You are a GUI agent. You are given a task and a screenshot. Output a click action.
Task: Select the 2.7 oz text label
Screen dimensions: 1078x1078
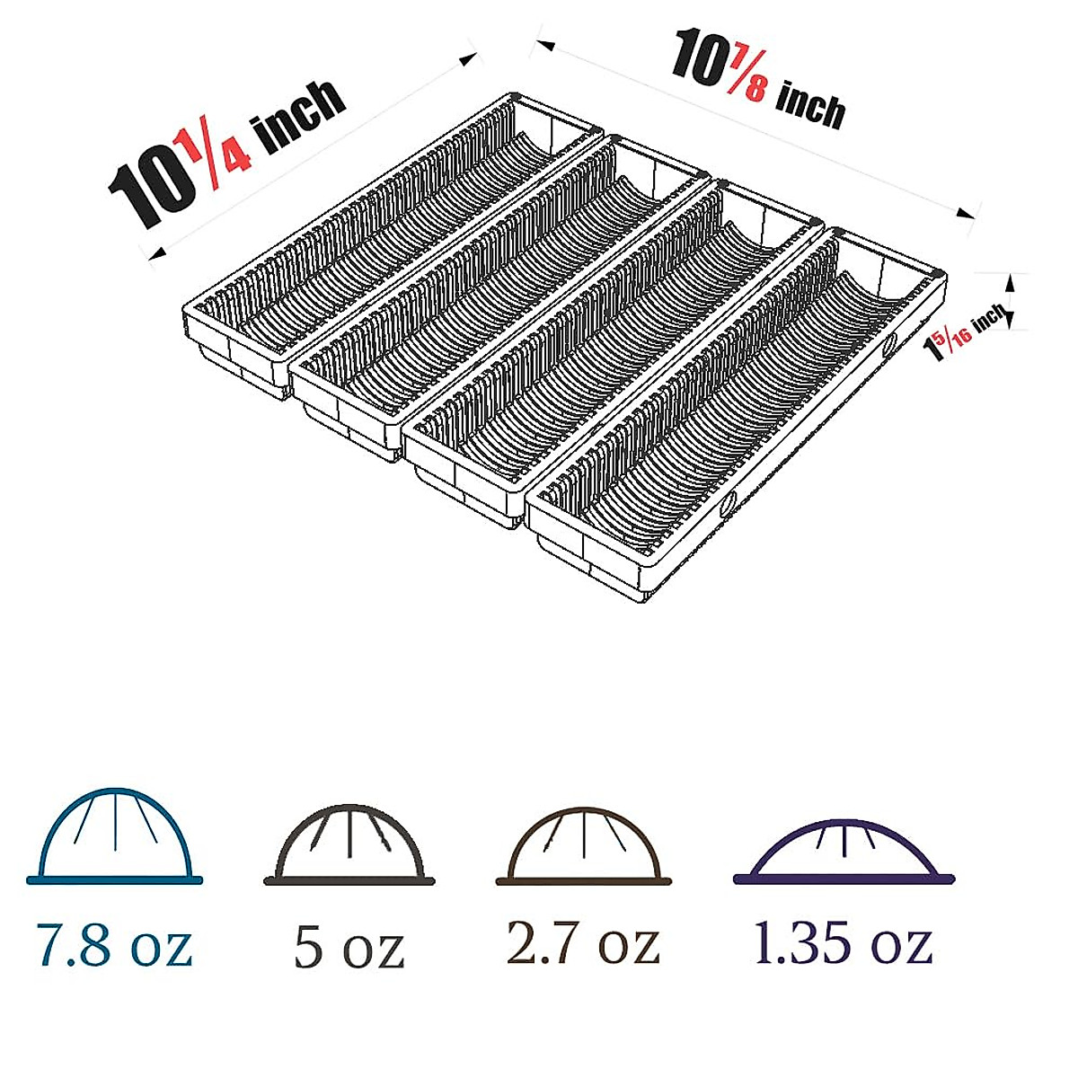coord(583,942)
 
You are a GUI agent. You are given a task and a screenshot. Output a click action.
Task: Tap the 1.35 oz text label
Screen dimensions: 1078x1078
coord(843,942)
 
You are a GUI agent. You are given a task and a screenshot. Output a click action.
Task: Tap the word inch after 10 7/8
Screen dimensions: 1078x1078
coord(810,106)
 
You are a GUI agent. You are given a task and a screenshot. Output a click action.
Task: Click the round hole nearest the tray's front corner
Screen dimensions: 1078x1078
coord(726,505)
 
